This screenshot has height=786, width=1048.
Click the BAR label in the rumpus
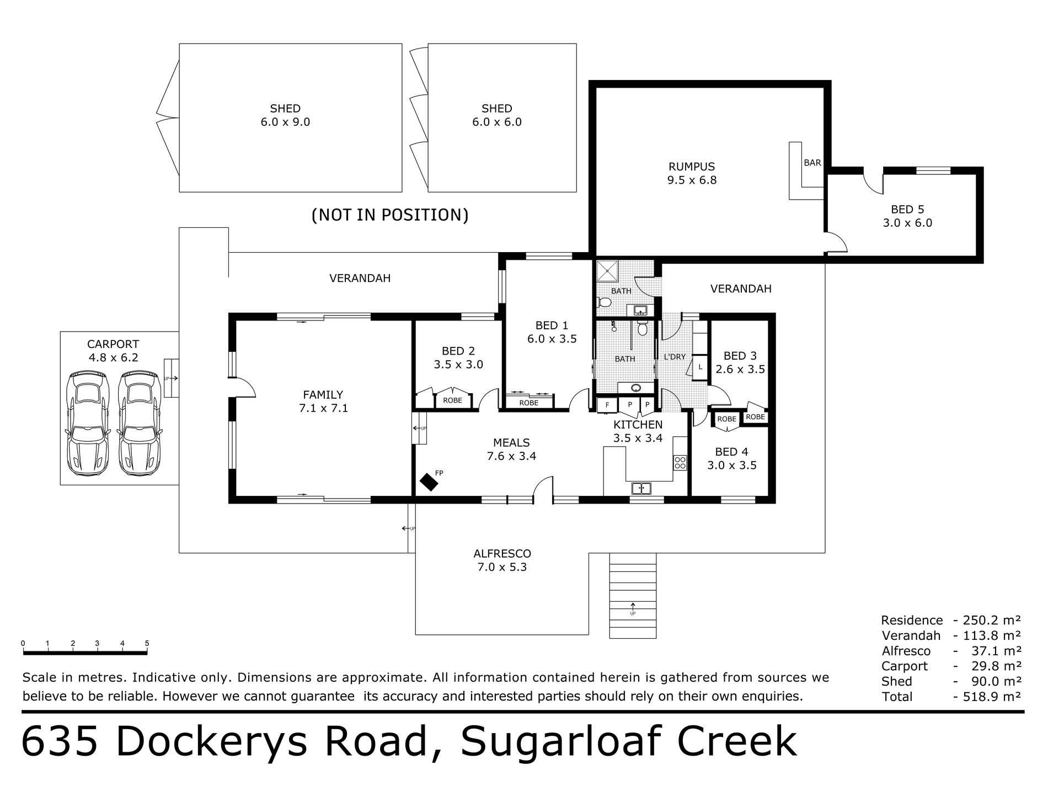(812, 163)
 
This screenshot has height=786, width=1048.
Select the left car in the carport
(87, 424)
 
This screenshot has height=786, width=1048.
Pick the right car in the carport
(140, 424)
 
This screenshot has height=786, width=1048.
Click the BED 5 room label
(907, 216)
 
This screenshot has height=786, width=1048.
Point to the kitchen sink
(641, 488)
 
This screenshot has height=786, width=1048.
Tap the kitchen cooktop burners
(680, 462)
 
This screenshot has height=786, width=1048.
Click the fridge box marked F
(607, 405)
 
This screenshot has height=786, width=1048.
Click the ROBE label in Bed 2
(452, 400)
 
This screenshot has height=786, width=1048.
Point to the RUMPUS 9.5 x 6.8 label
(692, 173)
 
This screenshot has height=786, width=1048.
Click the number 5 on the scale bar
(147, 643)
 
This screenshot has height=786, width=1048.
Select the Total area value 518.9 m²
(993, 697)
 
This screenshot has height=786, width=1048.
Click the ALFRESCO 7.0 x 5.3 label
(502, 560)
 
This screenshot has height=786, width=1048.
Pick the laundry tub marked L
(701, 367)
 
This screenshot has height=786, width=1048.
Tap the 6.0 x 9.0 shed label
(285, 115)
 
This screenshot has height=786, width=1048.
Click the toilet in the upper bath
(604, 302)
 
